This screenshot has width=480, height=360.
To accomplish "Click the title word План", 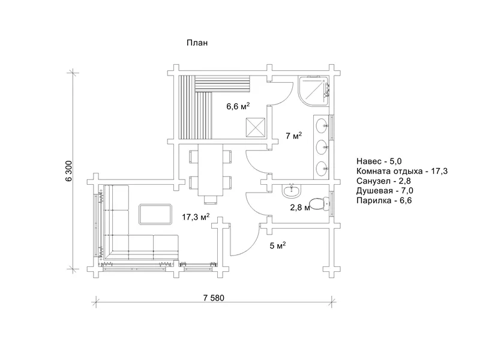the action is tap(197, 43).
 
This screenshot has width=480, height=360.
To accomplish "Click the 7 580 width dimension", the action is tap(214, 298).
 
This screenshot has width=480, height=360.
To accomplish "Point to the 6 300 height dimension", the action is tap(69, 171).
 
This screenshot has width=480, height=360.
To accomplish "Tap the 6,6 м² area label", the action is tap(238, 106).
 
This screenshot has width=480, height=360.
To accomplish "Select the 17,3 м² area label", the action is tap(196, 217).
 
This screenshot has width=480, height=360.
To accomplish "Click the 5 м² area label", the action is tap(278, 245).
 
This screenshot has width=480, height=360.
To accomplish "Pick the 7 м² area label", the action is tap(294, 136).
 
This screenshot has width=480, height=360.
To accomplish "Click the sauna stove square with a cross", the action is tap(256, 127).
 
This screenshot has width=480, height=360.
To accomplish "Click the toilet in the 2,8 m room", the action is tap(319, 203).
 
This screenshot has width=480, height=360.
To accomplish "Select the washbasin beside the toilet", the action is tap(292, 191).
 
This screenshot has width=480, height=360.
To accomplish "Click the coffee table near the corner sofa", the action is tap(155, 214).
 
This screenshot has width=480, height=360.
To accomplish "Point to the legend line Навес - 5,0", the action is tap(379, 161).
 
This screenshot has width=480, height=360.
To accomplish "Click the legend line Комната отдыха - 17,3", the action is tap(402, 171).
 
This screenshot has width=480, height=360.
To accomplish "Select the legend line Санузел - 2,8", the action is tap(383, 181).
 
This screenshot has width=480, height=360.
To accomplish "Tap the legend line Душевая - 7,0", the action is tap(385, 191).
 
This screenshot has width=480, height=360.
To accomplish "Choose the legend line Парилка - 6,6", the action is tap(384, 200).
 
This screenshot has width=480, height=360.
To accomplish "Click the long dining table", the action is tap(211, 170).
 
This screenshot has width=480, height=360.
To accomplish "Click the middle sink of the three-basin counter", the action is tap(322, 147).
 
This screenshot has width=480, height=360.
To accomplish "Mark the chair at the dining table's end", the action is tap(211, 200).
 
